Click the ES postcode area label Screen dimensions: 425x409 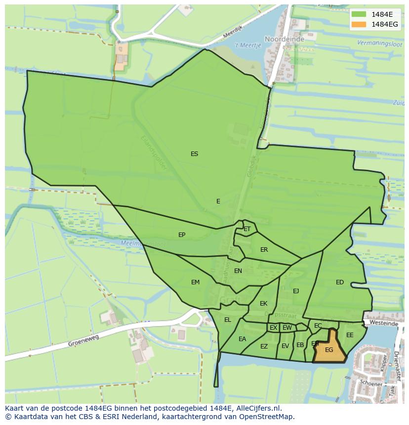click(x=194, y=154)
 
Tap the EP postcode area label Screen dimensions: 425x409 click(x=182, y=235)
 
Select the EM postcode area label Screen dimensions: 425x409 click(x=195, y=282)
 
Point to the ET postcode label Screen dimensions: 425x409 click(x=247, y=229)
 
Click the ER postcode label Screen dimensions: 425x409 click(x=264, y=250)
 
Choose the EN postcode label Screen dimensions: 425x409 click(x=238, y=271)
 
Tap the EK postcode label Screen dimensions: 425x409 click(x=263, y=304)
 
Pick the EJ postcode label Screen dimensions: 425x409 click(x=296, y=291)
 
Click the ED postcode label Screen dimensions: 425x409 click(x=340, y=282)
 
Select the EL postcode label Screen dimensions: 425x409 click(x=227, y=320)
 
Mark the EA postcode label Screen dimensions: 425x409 click(x=242, y=339)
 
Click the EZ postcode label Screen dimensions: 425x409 click(x=264, y=347)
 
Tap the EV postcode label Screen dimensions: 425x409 click(x=285, y=346)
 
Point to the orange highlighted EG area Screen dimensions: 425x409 click(x=329, y=349)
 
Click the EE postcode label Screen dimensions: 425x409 click(x=350, y=335)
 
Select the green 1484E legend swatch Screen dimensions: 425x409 click(x=359, y=14)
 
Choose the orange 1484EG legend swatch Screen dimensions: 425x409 click(x=359, y=24)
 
